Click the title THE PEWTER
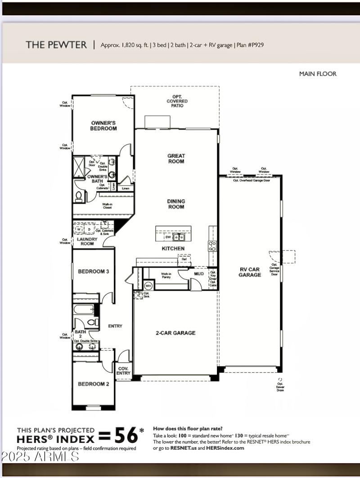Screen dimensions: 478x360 56,45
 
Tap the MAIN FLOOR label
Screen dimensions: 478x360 318,74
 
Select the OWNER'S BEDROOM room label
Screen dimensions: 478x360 104,125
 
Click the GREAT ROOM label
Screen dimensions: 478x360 176,159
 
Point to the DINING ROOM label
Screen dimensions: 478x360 176,204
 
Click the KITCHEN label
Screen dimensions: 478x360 173,248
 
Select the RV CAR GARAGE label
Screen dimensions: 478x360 250,272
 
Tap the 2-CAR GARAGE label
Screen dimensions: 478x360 175,333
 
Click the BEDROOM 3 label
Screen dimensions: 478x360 94,272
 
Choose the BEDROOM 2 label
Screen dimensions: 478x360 94,384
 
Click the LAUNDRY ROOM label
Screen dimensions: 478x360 87,241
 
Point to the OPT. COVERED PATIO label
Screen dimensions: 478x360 177,101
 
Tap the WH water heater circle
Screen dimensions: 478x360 148,286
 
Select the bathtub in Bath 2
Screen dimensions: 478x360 84,310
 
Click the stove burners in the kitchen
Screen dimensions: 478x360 212,246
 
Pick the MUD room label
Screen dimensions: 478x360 198,273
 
